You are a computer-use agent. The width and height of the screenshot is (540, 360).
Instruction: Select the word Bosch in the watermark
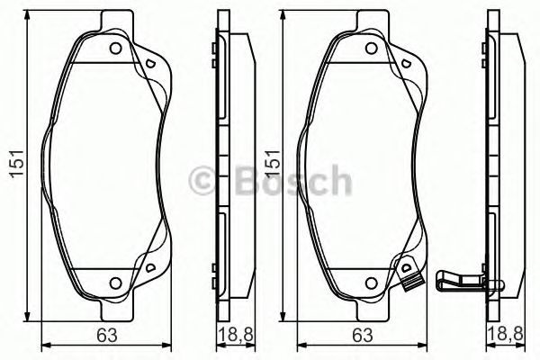[x=286, y=181]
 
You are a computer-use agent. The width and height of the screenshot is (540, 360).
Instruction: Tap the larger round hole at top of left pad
[x=115, y=50]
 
